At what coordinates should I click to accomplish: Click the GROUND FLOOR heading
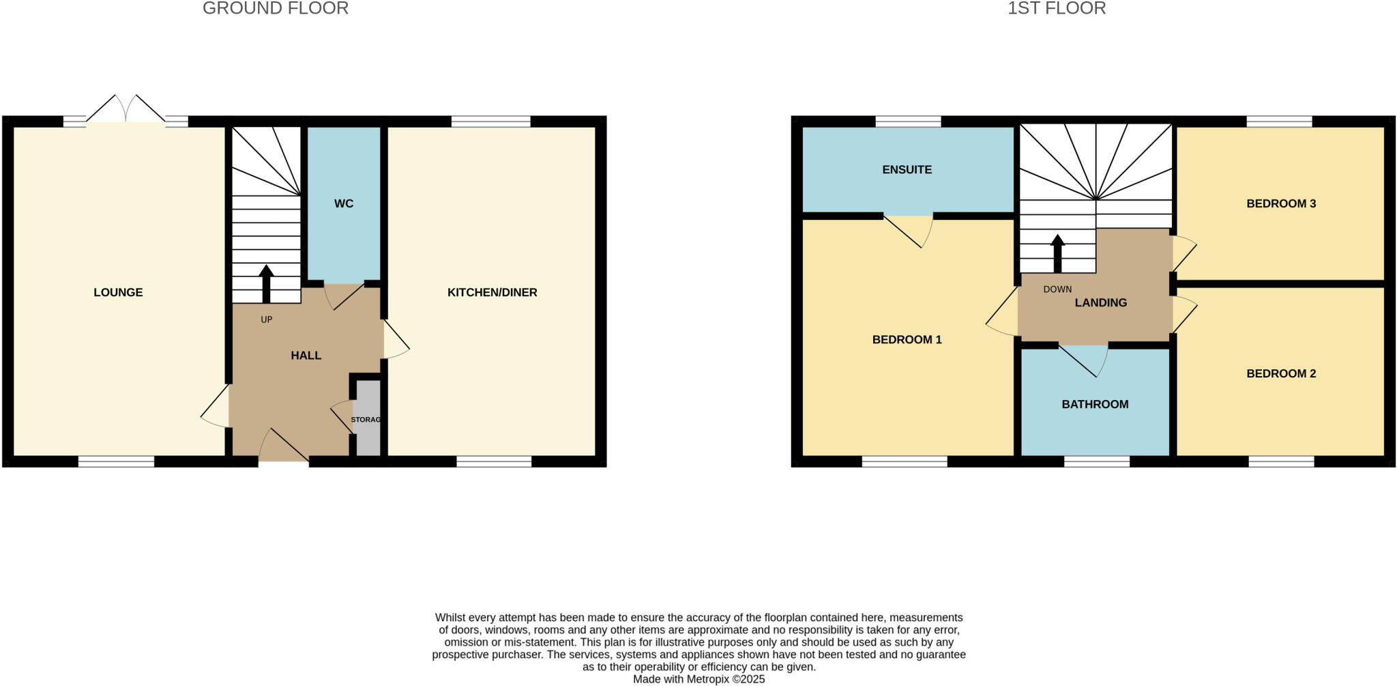pos(275,9)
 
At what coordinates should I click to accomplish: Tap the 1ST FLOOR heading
pos(1057,9)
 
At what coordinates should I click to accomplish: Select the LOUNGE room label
pos(118,292)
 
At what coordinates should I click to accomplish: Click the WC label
pos(344,203)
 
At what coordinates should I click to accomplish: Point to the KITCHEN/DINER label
pos(492,292)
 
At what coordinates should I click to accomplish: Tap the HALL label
pos(306,355)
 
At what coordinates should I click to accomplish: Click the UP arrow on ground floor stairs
pos(266,283)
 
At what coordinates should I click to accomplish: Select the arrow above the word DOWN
pos(1057,254)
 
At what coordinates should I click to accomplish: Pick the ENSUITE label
pos(907,169)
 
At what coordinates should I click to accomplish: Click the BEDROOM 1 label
pos(907,339)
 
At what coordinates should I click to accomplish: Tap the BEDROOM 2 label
pos(1280,373)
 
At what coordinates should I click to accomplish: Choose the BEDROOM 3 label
pos(1280,203)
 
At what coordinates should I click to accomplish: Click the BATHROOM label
pos(1095,404)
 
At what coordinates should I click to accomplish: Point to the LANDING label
pos(1100,302)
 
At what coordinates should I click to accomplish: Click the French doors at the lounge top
pos(126,113)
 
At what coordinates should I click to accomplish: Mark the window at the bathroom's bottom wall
pos(1096,462)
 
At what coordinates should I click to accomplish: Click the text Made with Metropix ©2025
pos(698,679)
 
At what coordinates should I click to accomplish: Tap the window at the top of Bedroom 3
pos(1279,122)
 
